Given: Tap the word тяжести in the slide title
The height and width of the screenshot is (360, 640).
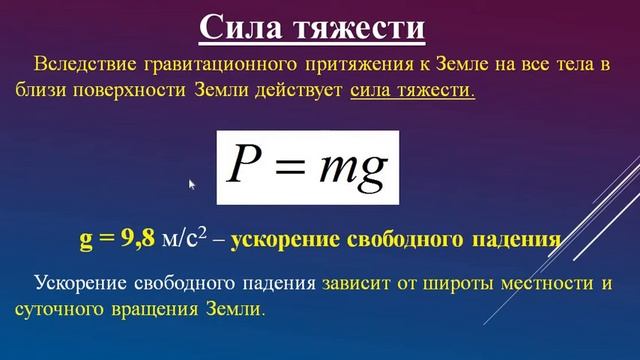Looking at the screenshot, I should click(360, 26).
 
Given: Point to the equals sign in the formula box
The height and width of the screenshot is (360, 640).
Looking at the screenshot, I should click(290, 168).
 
